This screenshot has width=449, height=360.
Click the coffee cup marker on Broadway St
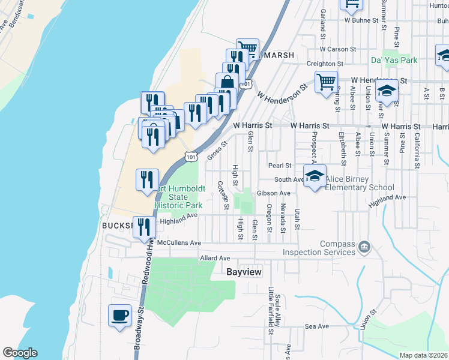coord(119,315)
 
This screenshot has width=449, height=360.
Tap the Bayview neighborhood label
coord(244,271)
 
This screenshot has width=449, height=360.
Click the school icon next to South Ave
coord(315,176)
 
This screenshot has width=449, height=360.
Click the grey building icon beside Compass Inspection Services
coord(364,247)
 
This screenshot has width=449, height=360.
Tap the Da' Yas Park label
coord(394,60)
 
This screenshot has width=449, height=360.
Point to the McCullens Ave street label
coord(178,242)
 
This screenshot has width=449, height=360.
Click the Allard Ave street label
coord(215,258)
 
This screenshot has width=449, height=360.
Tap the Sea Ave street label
coord(317,326)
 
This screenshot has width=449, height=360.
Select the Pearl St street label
coord(280,165)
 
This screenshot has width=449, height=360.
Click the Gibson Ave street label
coord(273,193)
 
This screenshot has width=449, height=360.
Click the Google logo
coord(20,353)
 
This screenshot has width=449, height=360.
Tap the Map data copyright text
coord(423,355)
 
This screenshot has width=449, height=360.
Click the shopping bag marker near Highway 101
coord(227,82)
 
